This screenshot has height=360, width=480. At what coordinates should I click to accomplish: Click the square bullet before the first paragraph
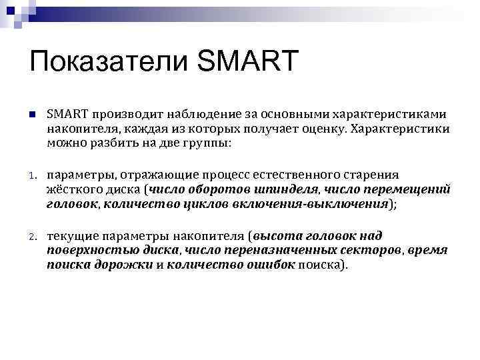31,115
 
